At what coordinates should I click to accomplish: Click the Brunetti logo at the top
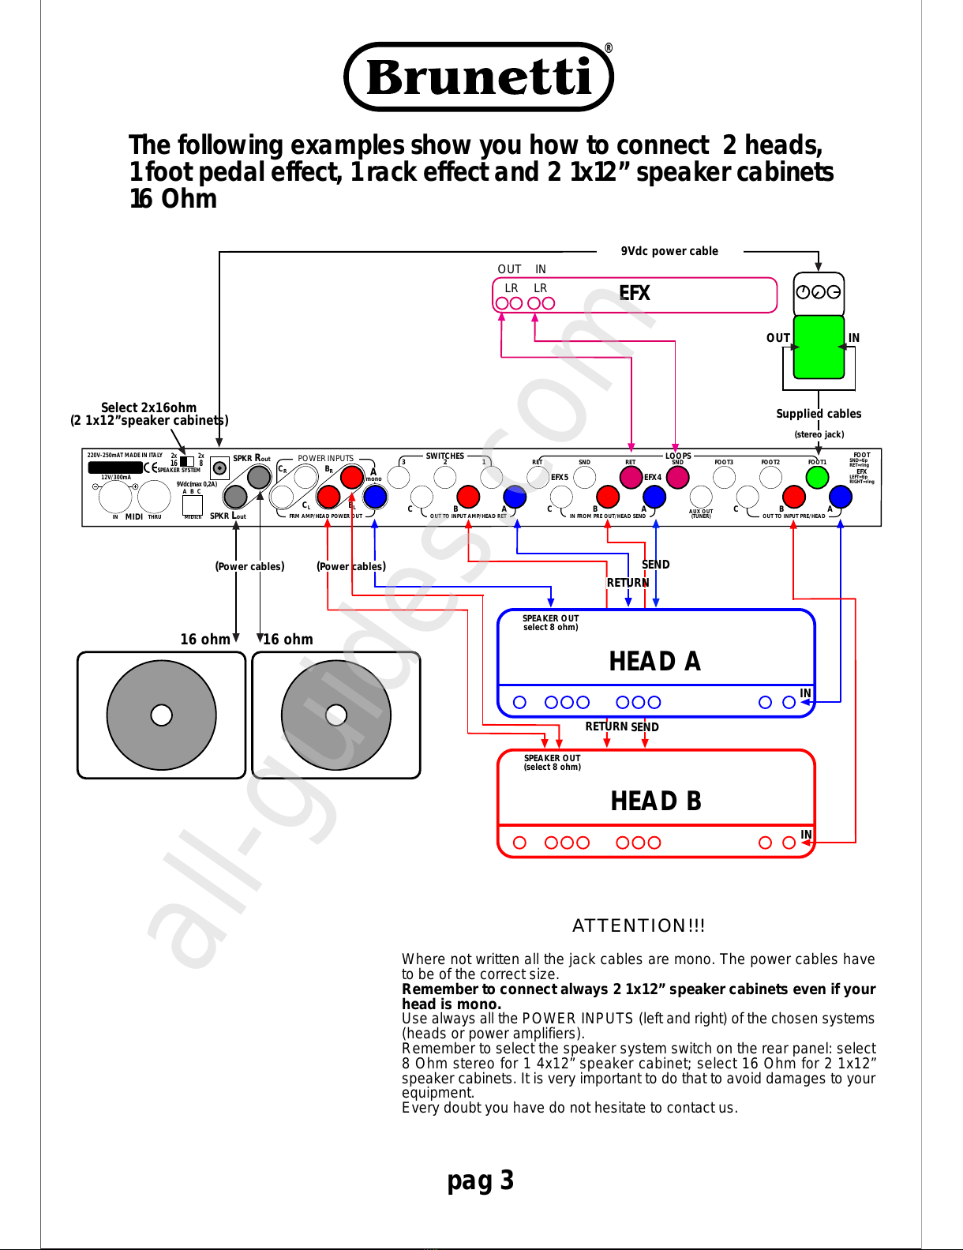[x=479, y=77]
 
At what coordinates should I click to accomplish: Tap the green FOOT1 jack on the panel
[x=817, y=477]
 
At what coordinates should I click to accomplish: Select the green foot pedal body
[x=819, y=347]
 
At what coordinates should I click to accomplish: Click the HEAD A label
[x=654, y=661]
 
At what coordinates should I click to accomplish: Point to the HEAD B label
[x=655, y=801]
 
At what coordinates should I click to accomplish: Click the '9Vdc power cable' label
[x=669, y=251]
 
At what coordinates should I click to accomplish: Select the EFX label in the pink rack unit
[x=634, y=293]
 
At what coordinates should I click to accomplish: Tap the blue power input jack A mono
[x=375, y=496]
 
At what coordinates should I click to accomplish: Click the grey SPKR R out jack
[x=259, y=477]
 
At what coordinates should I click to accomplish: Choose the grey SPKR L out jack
[x=235, y=496]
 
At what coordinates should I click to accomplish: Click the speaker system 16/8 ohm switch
[x=187, y=461]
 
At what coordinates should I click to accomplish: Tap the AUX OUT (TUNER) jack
[x=700, y=496]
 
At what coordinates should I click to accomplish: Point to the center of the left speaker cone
[x=161, y=715]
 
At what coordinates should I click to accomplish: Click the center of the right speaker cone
[x=336, y=715]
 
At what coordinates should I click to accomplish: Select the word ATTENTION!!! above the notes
[x=639, y=925]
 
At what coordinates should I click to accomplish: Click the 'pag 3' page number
[x=480, y=1180]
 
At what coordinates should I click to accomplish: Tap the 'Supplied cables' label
[x=819, y=414]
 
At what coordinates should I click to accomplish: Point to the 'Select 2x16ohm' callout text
[x=148, y=407]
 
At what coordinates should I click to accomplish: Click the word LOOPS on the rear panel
[x=678, y=456]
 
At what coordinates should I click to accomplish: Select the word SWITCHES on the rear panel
[x=445, y=456]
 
